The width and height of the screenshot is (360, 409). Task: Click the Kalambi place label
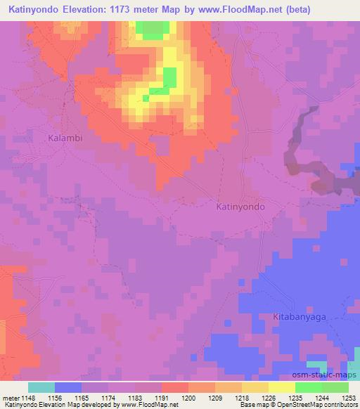pyautogui.click(x=65, y=138)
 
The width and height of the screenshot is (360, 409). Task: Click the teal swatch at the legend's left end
pyautogui.click(x=41, y=387)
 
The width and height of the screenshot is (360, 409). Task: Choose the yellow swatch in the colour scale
pyautogui.click(x=281, y=387)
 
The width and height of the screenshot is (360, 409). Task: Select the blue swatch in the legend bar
pyautogui.click(x=68, y=387)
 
